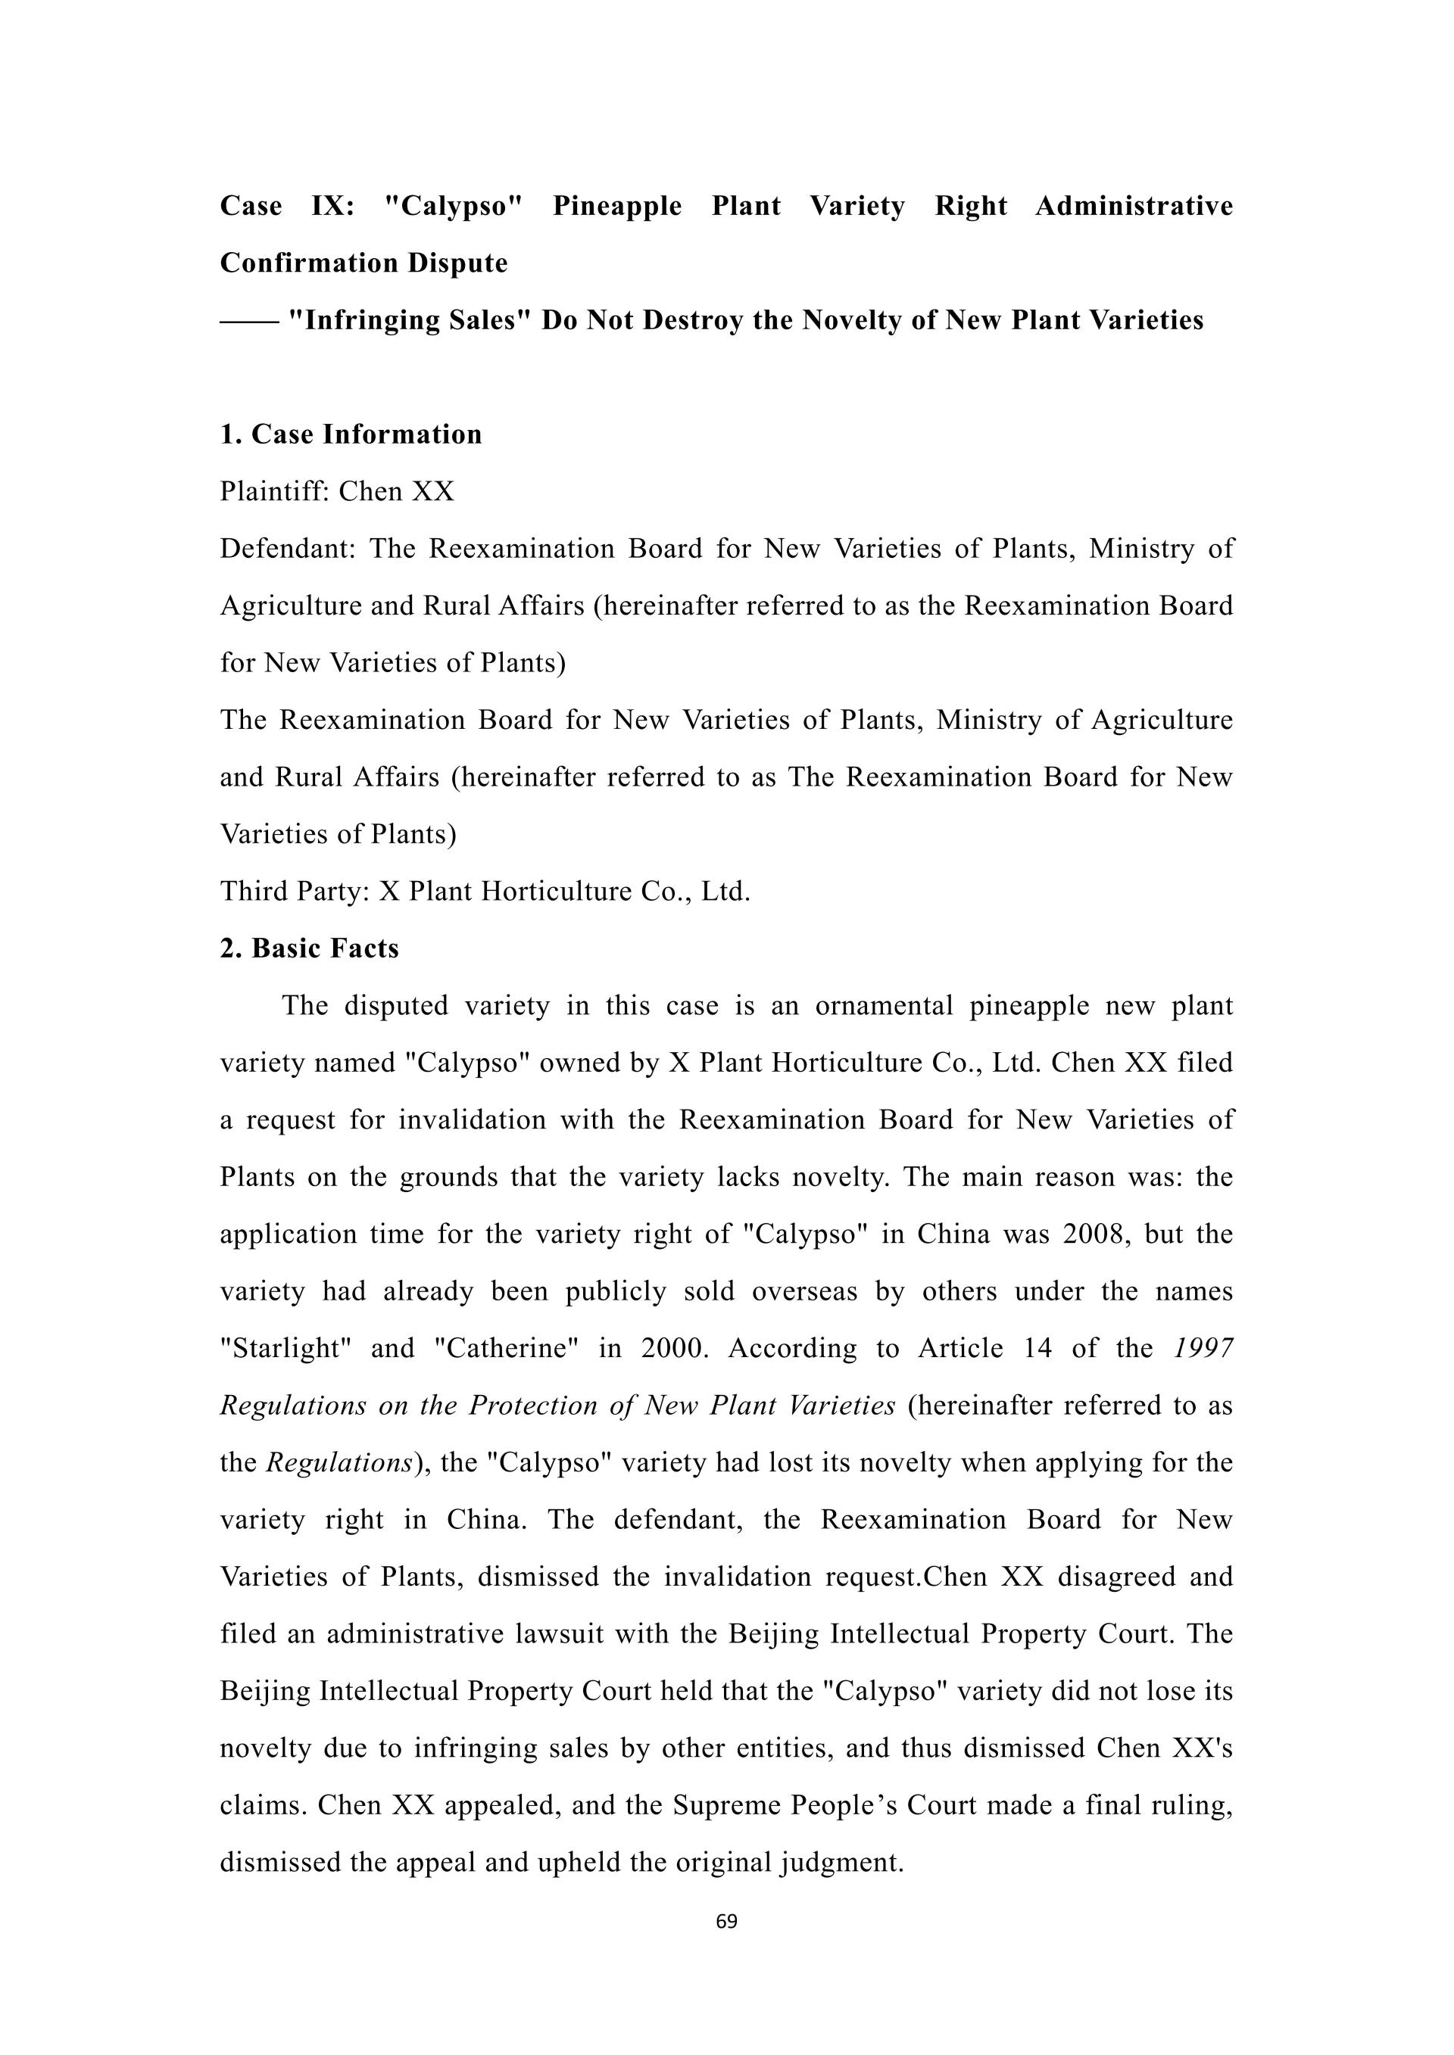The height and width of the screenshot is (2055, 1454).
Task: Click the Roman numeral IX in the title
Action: coord(332,207)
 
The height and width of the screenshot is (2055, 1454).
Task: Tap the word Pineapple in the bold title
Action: coord(617,207)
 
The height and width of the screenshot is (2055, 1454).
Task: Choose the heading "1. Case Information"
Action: coord(351,435)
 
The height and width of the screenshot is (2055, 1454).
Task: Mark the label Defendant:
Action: coord(288,549)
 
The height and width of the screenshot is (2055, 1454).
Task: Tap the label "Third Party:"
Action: coord(295,892)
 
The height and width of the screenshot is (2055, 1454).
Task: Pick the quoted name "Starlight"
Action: coord(285,1349)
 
